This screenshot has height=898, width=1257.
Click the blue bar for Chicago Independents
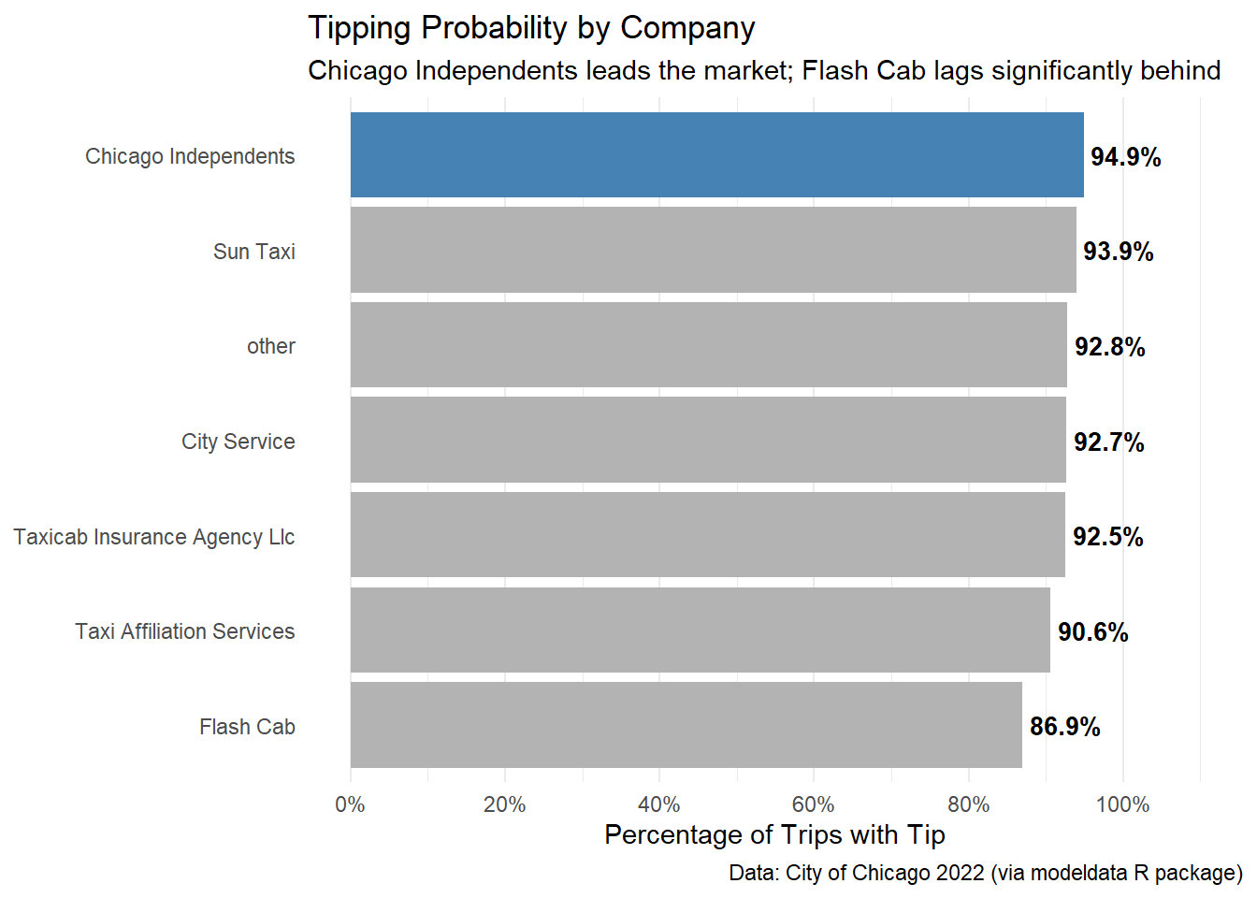point(716,155)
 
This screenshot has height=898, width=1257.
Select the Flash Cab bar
point(686,725)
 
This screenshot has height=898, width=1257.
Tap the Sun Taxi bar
point(713,250)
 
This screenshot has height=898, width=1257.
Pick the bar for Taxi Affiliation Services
point(700,630)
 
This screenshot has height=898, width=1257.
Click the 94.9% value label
point(1125,157)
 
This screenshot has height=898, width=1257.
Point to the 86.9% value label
point(1064,727)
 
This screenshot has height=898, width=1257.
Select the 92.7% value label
point(1108,442)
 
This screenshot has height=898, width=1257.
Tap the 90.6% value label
point(1092,632)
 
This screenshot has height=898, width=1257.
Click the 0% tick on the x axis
point(351,804)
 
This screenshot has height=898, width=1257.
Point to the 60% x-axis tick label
point(813,804)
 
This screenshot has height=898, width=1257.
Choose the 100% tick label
point(1122,804)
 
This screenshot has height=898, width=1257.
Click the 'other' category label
point(271,346)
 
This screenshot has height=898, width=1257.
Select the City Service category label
point(238,442)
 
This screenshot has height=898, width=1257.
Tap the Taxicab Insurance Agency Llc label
point(154,537)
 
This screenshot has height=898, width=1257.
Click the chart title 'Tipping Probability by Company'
point(531,28)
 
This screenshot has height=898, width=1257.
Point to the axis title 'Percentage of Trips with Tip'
point(774,834)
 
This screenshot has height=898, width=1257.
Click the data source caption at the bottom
point(986,873)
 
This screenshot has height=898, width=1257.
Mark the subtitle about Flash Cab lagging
point(764,71)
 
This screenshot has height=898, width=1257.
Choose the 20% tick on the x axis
point(505,804)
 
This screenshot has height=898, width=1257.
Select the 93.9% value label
point(1118,252)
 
